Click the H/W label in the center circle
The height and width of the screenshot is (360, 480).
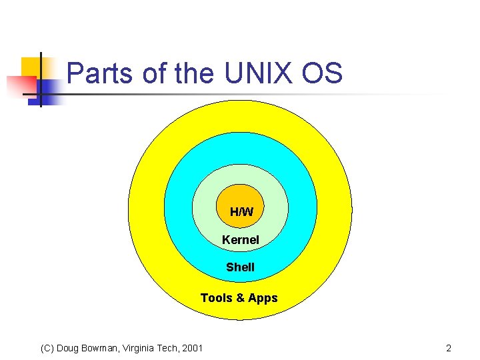[241, 212]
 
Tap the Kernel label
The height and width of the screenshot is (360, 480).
[241, 239]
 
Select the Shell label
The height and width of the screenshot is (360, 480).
[240, 267]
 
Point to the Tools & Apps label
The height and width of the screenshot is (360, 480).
[239, 298]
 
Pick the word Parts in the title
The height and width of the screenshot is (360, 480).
[99, 73]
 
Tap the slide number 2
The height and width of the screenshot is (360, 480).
[449, 348]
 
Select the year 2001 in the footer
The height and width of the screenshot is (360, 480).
[192, 348]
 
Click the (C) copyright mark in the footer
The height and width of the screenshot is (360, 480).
[47, 348]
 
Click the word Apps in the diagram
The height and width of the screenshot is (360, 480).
[263, 298]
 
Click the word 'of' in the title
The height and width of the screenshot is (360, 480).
[153, 73]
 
